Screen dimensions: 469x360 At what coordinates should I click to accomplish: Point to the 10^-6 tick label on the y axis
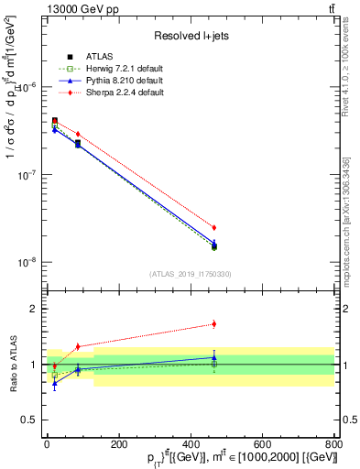27,87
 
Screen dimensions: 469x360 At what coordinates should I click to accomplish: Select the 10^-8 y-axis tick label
27,262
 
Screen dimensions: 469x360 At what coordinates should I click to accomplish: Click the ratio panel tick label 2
34,309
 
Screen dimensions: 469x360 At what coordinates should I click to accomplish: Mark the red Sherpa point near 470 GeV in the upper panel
214,227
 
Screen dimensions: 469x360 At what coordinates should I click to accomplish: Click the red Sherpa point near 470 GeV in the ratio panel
214,323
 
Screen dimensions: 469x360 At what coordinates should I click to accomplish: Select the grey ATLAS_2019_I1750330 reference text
191,274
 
